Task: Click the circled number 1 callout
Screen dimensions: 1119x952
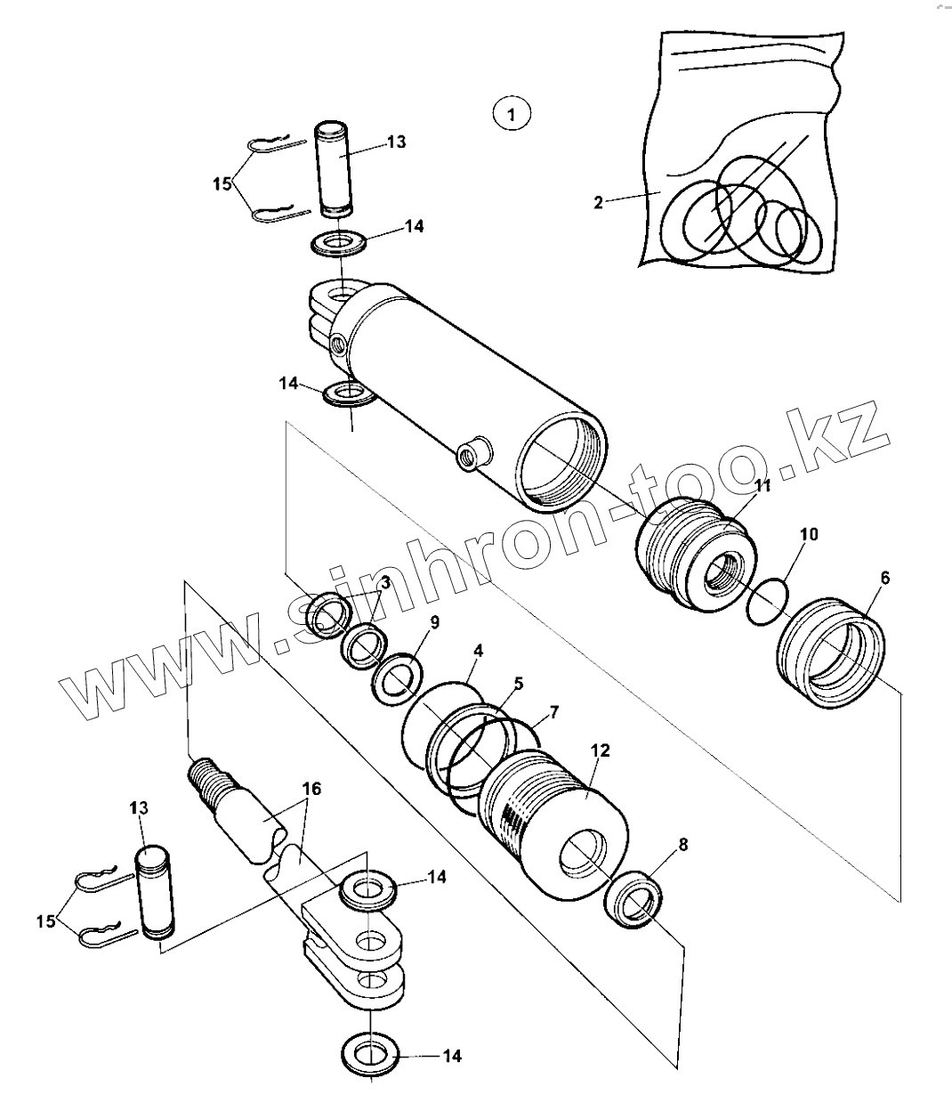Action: [x=511, y=114]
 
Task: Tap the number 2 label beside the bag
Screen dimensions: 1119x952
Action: [x=599, y=203]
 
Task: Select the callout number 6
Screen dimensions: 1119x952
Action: [x=884, y=578]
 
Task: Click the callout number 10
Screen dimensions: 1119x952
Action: [x=809, y=534]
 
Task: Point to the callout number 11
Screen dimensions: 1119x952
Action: [x=762, y=485]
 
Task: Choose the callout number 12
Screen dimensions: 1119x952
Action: [x=600, y=750]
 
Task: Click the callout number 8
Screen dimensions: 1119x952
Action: [x=682, y=846]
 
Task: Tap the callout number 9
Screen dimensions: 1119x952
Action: [x=434, y=622]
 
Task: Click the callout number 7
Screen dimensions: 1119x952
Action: [x=553, y=711]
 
